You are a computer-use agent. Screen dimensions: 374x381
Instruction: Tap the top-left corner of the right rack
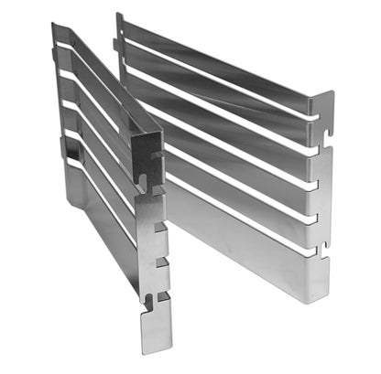[119, 16]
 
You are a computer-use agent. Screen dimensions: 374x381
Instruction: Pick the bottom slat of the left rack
[101, 229]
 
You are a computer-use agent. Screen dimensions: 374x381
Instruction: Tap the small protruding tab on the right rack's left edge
[116, 44]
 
